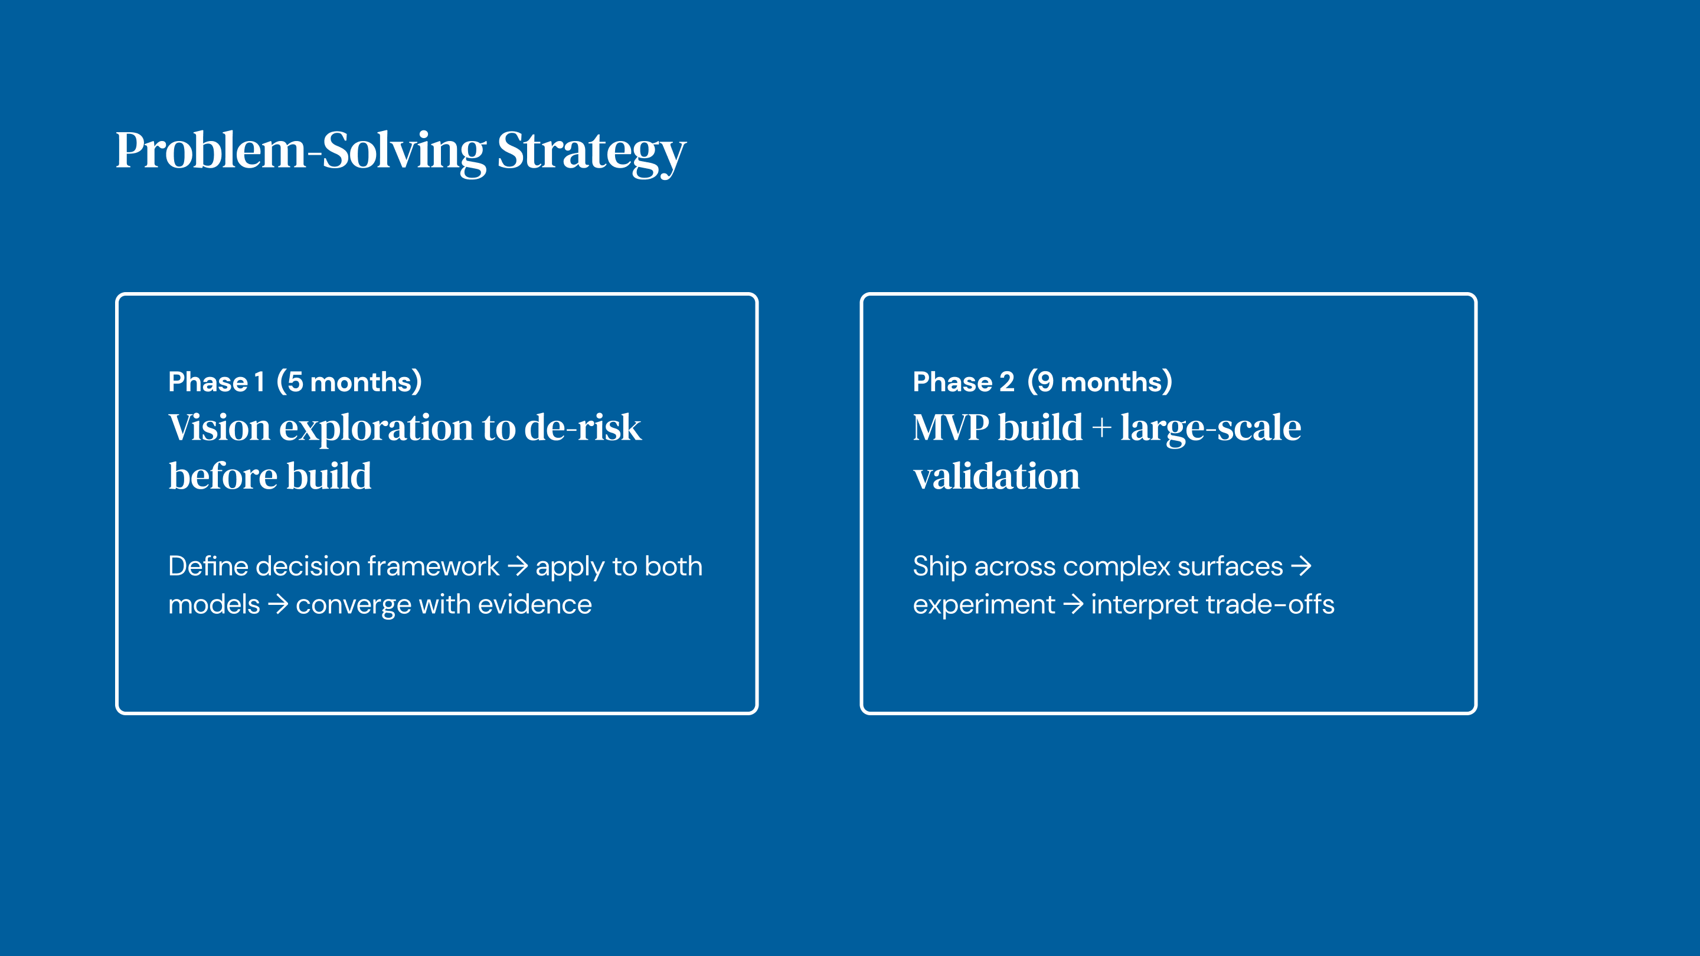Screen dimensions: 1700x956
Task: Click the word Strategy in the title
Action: (x=591, y=152)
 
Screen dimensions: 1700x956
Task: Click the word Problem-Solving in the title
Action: (x=301, y=151)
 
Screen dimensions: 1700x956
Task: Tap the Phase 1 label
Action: (x=217, y=382)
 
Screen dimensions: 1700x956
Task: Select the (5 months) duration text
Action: (x=349, y=382)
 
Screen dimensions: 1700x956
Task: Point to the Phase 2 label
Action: (x=963, y=382)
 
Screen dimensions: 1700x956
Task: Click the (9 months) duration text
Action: (x=1100, y=382)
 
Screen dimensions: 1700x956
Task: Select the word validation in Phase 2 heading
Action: (x=996, y=476)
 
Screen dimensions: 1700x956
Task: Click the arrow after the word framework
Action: (x=518, y=566)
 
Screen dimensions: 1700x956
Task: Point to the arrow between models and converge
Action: (x=278, y=604)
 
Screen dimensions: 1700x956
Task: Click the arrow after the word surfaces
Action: (x=1302, y=566)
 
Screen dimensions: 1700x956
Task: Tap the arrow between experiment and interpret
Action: (x=1074, y=604)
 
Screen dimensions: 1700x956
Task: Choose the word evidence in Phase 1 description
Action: (x=535, y=604)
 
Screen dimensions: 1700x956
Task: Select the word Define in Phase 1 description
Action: (x=208, y=566)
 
